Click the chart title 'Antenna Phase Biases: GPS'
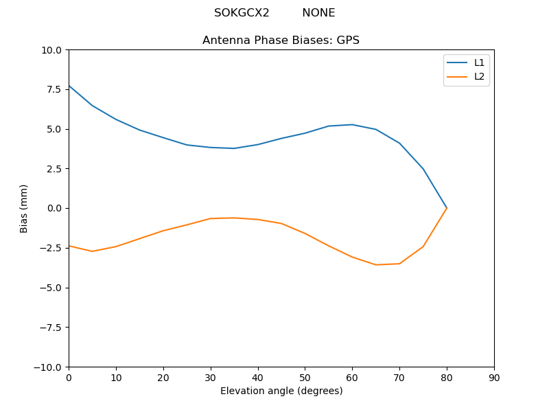281,41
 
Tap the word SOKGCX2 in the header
242,13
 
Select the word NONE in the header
318,13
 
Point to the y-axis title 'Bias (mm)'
24,208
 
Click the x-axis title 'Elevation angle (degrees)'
281,391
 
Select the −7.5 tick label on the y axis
49,328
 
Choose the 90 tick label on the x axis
494,378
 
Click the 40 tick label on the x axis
258,378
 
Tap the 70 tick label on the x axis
399,378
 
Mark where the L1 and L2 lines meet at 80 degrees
447,208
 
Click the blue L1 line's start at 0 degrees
69,86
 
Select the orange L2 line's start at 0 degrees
69,246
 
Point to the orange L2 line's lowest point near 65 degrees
376,265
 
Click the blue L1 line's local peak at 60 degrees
352,124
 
